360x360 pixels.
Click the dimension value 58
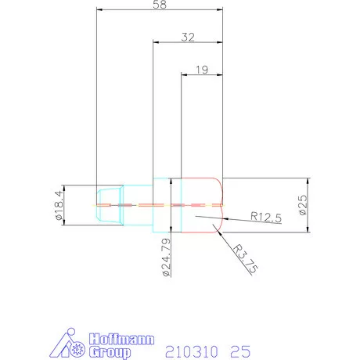coord(160,5)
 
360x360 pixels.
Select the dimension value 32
coord(188,38)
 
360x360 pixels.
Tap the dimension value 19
coord(202,70)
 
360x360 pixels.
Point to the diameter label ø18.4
coord(59,205)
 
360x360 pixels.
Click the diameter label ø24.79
coord(166,257)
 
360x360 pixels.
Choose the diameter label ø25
coord(304,205)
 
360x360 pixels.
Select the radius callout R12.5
coord(266,217)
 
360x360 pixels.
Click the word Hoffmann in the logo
coord(121,339)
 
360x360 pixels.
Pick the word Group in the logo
coord(110,353)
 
